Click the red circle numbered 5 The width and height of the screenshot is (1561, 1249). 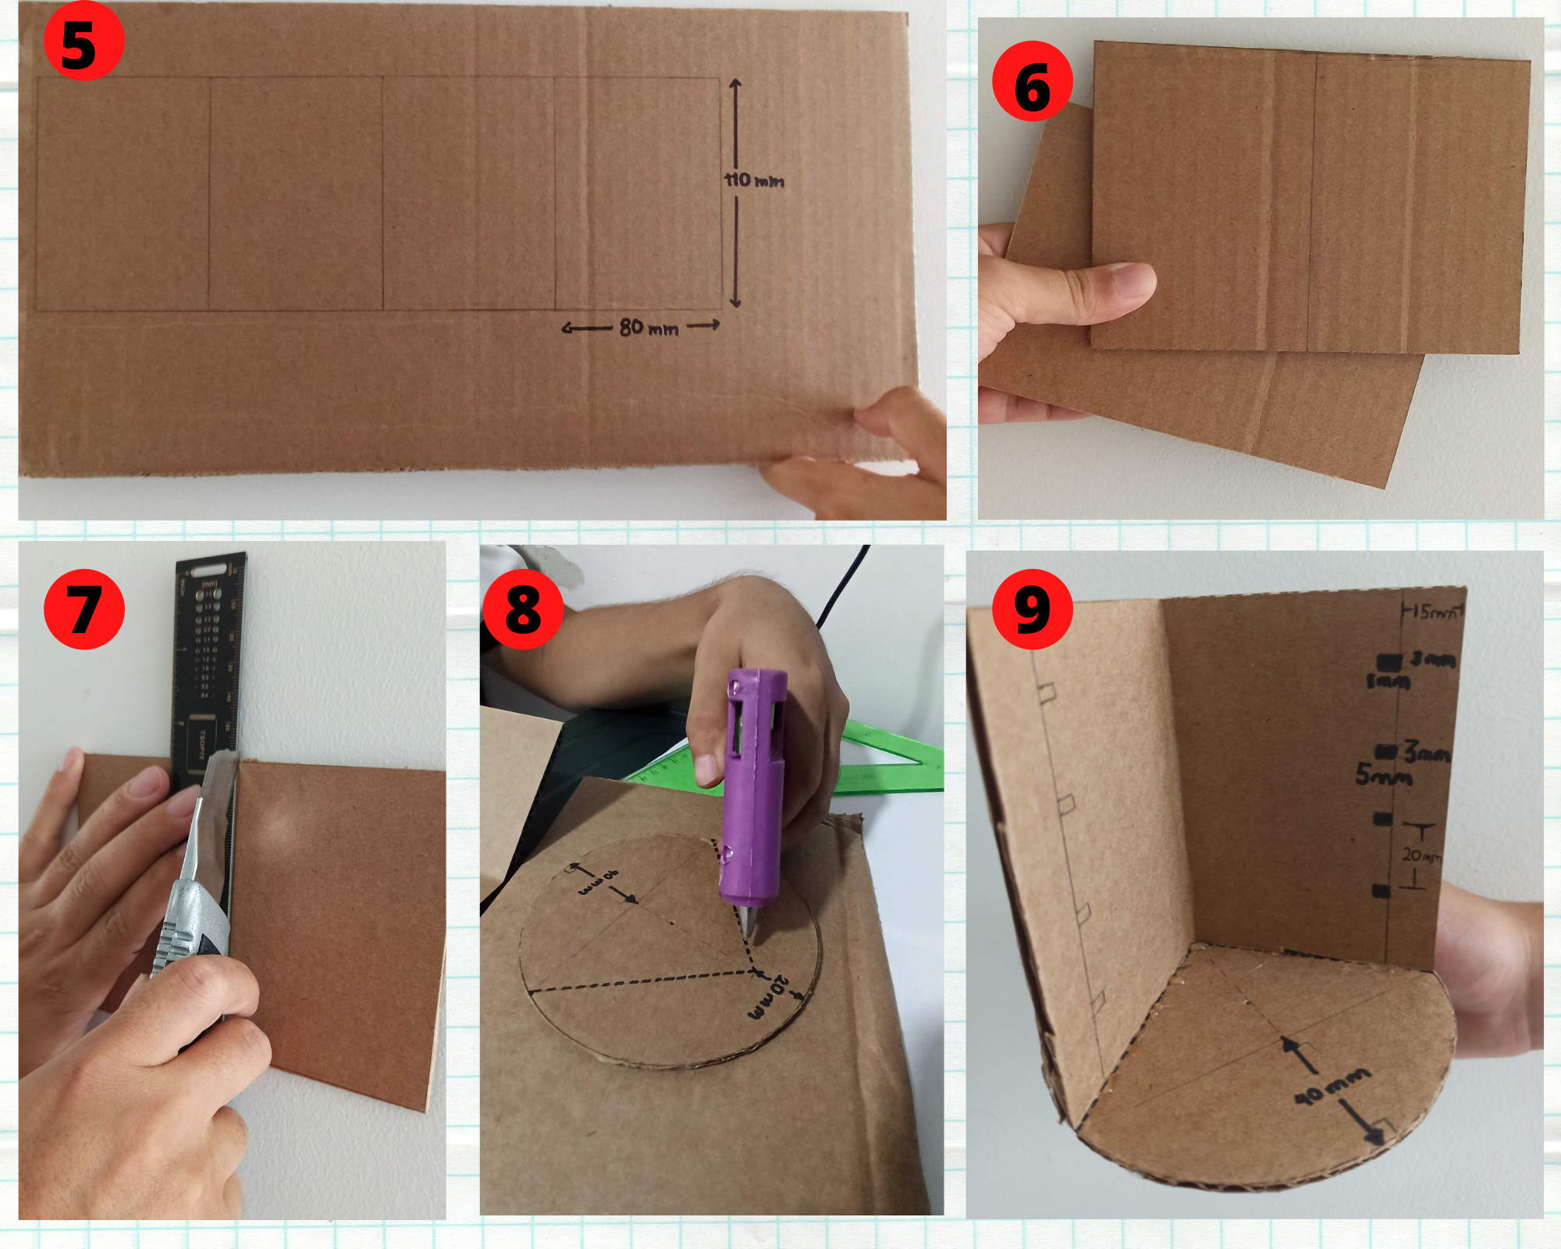pyautogui.click(x=83, y=41)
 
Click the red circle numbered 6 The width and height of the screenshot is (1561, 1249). pyautogui.click(x=1032, y=81)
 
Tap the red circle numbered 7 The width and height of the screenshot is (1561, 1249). pyautogui.click(x=84, y=609)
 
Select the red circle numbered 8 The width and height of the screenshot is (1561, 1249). pyautogui.click(x=523, y=609)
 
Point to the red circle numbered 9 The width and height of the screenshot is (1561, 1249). pyautogui.click(x=1032, y=609)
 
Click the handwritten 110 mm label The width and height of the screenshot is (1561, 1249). pyautogui.click(x=753, y=181)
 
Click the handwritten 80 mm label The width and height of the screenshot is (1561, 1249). pyautogui.click(x=649, y=328)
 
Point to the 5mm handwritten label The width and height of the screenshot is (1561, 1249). pyautogui.click(x=1383, y=775)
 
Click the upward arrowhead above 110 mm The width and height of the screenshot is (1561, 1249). pyautogui.click(x=734, y=84)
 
